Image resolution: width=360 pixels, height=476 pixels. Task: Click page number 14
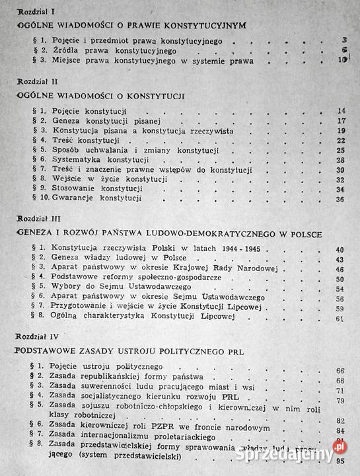[341, 110]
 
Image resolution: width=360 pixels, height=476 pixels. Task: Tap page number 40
[341, 250]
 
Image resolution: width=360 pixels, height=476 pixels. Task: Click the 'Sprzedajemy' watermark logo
[304, 453]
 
